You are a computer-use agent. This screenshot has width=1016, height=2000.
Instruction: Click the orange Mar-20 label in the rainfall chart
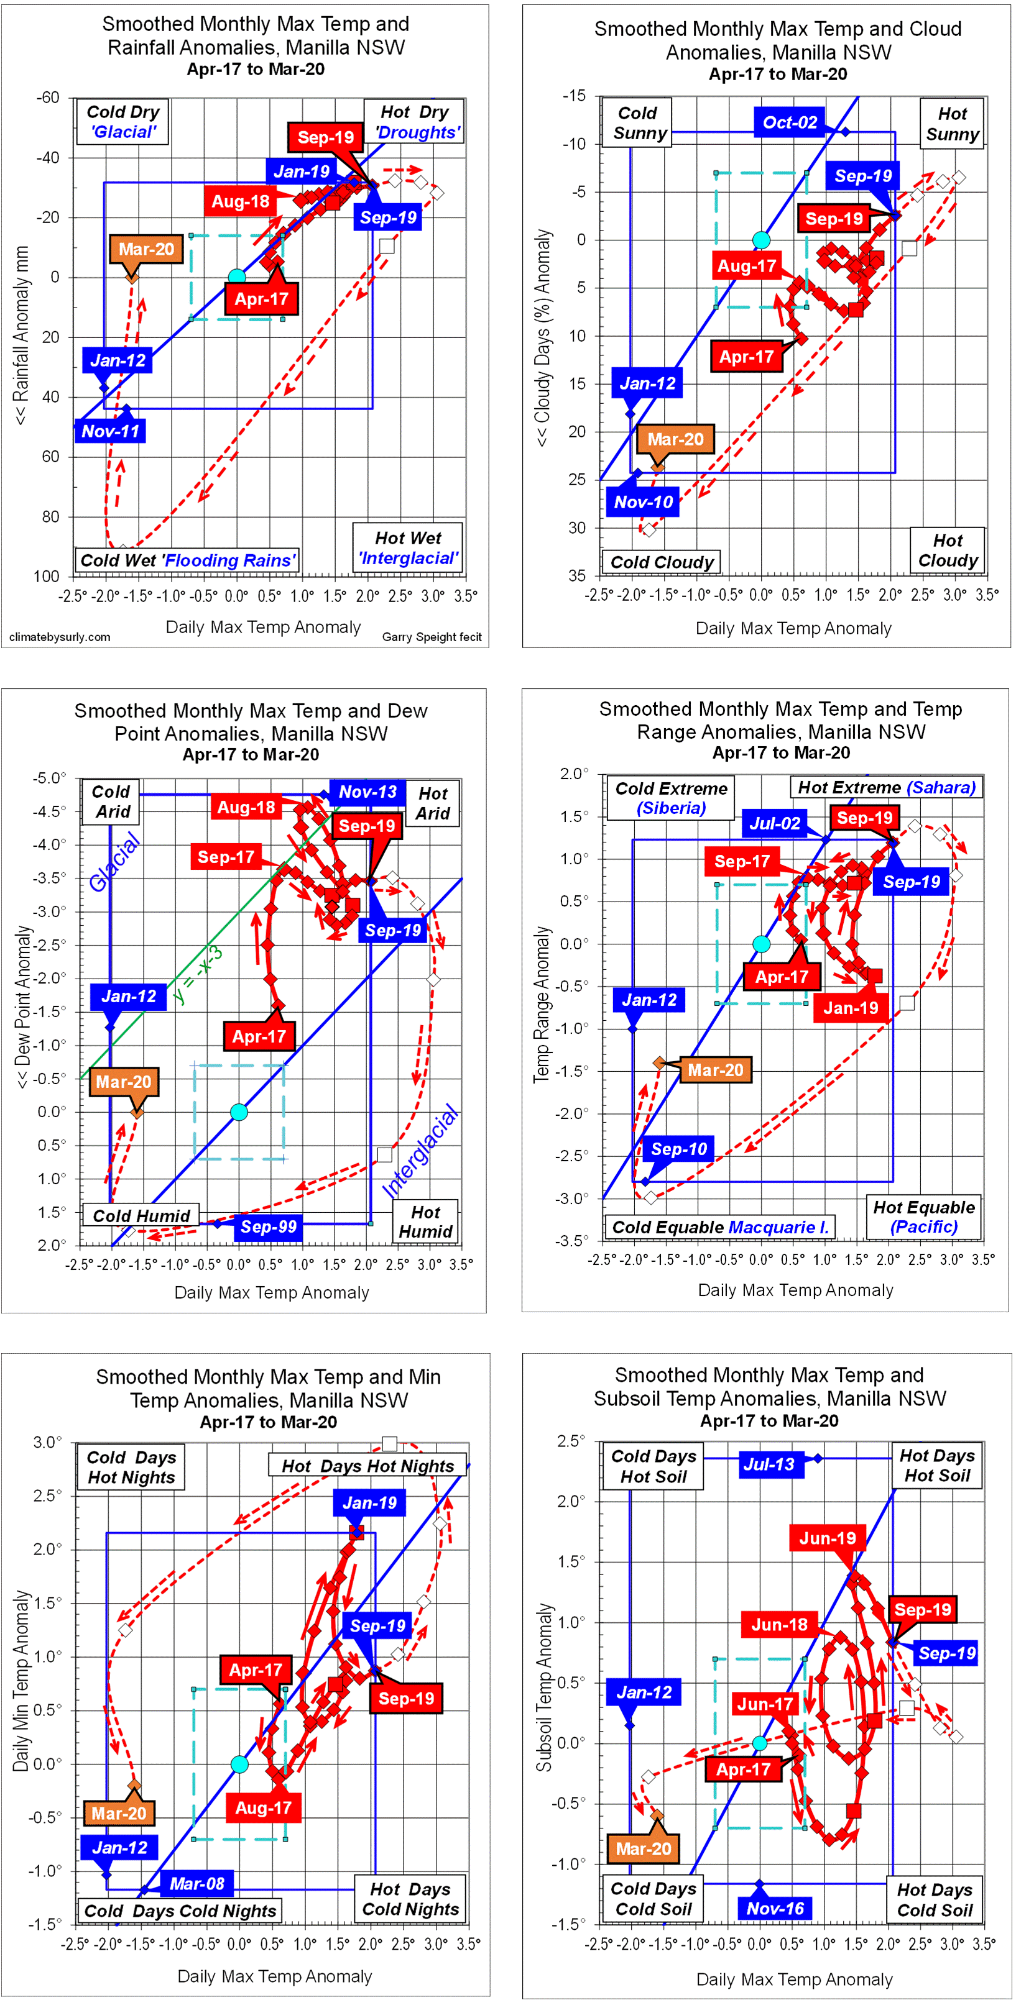point(146,249)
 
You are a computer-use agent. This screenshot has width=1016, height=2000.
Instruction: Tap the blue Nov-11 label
point(110,431)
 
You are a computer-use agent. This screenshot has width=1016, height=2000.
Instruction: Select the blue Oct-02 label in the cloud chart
point(789,122)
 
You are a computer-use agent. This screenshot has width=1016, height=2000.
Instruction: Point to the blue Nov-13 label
point(367,792)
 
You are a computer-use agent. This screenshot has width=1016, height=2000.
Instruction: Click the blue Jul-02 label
point(774,824)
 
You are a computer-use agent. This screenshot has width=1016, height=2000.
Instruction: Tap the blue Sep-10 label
point(679,1149)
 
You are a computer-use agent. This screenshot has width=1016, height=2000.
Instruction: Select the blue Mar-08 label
point(196,1884)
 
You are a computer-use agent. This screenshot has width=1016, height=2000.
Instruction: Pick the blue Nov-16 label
point(775,1909)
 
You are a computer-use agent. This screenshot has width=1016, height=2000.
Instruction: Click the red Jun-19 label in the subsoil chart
point(827,1538)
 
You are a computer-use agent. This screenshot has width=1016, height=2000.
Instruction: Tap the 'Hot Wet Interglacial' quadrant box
point(408,548)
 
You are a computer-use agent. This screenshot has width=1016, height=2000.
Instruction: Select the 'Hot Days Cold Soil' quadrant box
point(935,1900)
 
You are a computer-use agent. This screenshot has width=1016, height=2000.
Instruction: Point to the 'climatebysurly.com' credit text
point(60,637)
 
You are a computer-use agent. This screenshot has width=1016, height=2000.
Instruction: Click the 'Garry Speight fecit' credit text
point(432,637)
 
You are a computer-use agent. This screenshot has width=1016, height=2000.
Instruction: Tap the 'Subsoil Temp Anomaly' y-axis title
point(545,1688)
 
